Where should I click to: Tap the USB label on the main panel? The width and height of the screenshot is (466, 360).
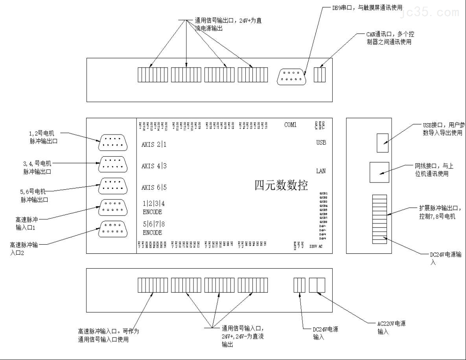tap(320, 142)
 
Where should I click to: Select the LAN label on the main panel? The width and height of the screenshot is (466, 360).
tap(320, 171)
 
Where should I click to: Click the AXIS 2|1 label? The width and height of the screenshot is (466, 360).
tap(154, 144)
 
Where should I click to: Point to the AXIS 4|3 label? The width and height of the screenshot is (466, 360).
tap(154, 166)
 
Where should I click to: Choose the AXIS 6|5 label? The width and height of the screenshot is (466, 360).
tap(154, 187)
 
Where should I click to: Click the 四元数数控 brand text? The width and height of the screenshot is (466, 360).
tap(281, 185)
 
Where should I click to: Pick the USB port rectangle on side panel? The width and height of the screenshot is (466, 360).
tap(383, 142)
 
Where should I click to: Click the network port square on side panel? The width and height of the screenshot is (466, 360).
tap(379, 172)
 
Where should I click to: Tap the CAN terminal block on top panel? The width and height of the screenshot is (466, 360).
tap(320, 75)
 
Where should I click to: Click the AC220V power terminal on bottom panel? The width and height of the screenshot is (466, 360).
tap(317, 285)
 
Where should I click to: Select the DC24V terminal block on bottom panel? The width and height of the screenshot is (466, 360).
tap(300, 285)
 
